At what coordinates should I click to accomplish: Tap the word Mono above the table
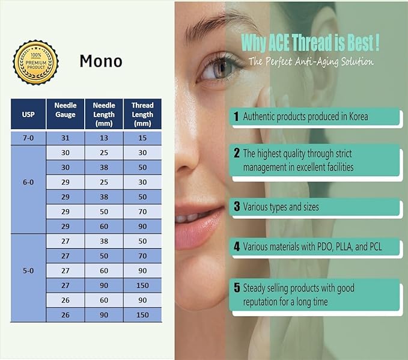tap(101, 61)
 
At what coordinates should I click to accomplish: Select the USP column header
tap(28, 114)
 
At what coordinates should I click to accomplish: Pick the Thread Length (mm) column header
tap(142, 114)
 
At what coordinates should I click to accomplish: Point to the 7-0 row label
tap(28, 138)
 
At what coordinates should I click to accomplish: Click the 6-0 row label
tap(28, 180)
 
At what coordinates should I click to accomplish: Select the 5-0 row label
tap(28, 270)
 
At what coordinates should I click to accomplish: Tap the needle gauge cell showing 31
tap(65, 138)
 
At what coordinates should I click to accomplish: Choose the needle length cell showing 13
tap(104, 138)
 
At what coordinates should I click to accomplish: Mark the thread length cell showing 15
tap(142, 138)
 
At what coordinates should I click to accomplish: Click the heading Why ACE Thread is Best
tap(309, 42)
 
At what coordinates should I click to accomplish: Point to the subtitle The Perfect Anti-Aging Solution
tap(311, 61)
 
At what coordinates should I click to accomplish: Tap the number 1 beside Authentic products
tap(237, 116)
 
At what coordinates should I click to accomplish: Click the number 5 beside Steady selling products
tap(237, 288)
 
